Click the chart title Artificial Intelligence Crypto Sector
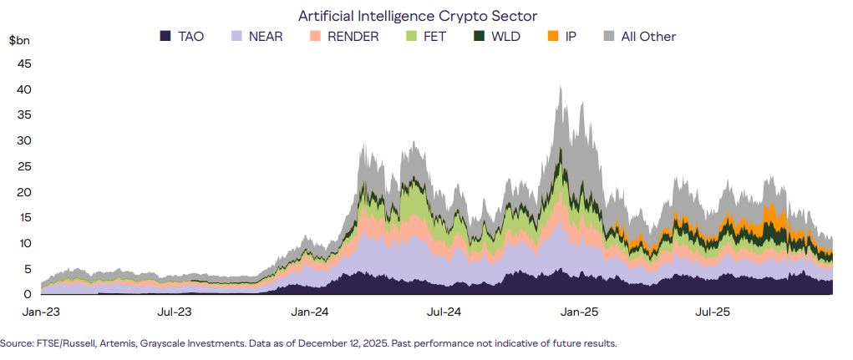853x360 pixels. pyautogui.click(x=418, y=16)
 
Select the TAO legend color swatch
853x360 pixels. pyautogui.click(x=165, y=36)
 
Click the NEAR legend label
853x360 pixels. pyautogui.click(x=267, y=36)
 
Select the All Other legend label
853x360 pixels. pyautogui.click(x=648, y=36)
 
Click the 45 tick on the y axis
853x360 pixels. pyautogui.click(x=24, y=63)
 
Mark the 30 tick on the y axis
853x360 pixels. pyautogui.click(x=24, y=140)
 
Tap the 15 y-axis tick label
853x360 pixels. pyautogui.click(x=24, y=217)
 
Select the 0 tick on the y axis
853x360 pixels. pyautogui.click(x=28, y=294)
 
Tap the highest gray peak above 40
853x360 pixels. pyautogui.click(x=559, y=86)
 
